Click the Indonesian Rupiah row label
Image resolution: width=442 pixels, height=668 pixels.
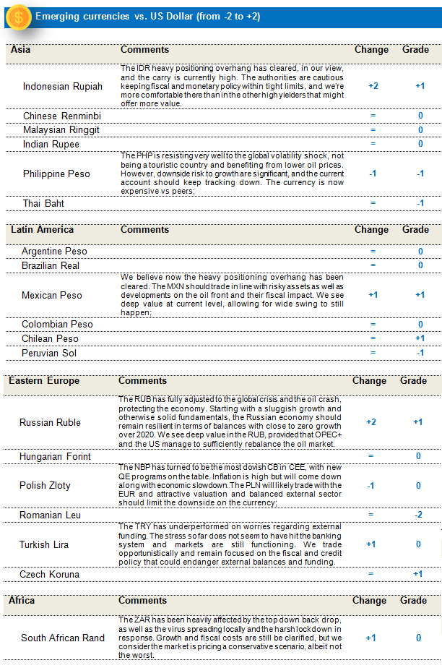pos(62,86)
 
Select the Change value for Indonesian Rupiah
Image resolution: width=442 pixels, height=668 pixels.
pos(373,86)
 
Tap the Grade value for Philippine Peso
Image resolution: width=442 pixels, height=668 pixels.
pos(420,174)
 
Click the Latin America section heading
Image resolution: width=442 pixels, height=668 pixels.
pos(42,230)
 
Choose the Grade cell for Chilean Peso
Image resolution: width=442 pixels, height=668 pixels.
pos(420,338)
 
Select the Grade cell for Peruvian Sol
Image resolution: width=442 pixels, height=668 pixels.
pos(420,353)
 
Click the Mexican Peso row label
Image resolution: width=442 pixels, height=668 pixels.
pos(52,295)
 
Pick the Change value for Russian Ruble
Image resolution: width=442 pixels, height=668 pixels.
pos(371,422)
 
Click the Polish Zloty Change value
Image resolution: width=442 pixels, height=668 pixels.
pos(371,486)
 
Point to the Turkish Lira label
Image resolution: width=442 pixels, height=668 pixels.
pos(44,544)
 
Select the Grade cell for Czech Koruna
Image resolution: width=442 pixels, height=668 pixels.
pos(418,574)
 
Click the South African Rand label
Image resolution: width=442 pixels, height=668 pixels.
pos(63,638)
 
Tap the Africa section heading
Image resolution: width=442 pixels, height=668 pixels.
pos(22,601)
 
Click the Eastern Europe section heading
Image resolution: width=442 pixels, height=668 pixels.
pos(44,381)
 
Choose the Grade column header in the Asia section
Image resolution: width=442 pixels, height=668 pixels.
pos(415,50)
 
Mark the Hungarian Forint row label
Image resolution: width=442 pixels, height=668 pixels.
pos(55,457)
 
